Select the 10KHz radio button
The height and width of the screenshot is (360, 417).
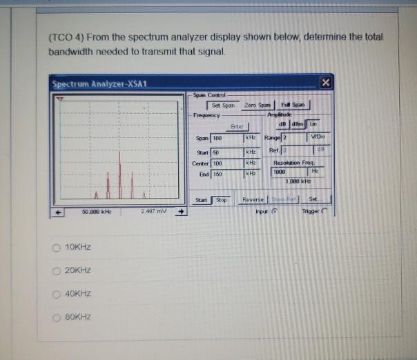(57, 247)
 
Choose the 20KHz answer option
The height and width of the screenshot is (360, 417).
(57, 270)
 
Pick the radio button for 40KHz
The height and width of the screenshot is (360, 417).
(57, 294)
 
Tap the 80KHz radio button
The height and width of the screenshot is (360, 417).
(57, 317)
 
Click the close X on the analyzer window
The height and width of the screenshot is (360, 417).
(326, 84)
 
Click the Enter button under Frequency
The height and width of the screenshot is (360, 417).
(237, 126)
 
